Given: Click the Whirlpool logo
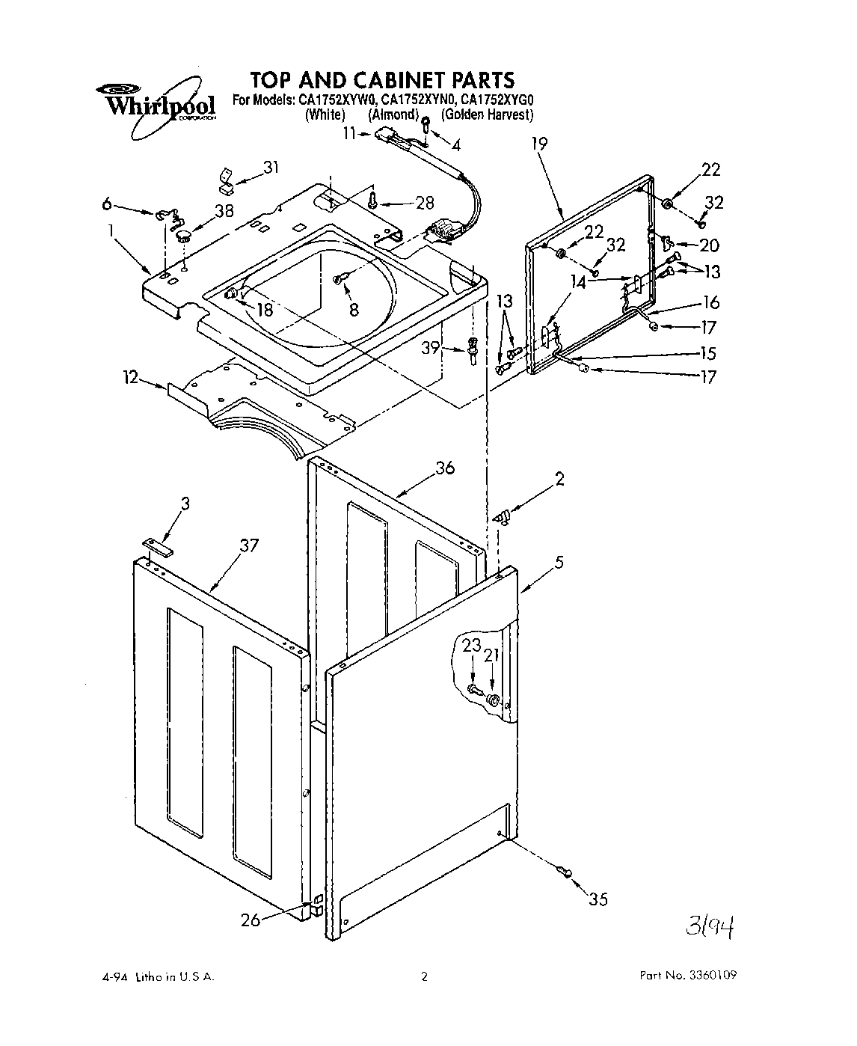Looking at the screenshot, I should point(156,102).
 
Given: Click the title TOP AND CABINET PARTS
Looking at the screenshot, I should point(381,79).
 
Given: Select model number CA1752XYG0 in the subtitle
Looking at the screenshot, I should point(497,100).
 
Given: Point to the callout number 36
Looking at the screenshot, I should point(445,468).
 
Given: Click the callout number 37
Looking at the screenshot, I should point(248,545).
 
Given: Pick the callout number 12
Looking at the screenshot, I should point(132,378).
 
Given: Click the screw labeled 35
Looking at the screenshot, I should point(564,870).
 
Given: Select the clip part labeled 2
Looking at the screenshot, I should point(502,516).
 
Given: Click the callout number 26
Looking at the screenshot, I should point(251,920).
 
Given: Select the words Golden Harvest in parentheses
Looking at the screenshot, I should point(487,114).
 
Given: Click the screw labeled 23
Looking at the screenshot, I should point(473,688).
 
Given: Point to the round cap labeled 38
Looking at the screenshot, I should point(183,236).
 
